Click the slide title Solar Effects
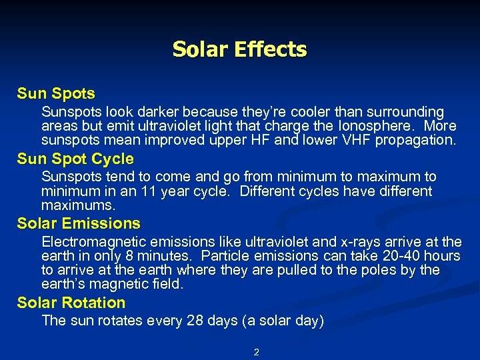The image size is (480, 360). (x=239, y=49)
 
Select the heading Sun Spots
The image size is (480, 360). (x=56, y=94)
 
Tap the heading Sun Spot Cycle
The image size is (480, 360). (x=75, y=159)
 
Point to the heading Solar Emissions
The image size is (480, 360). (x=79, y=223)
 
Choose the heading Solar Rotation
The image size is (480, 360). (x=71, y=303)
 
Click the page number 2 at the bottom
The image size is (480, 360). (x=256, y=352)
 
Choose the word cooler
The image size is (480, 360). (x=284, y=112)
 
